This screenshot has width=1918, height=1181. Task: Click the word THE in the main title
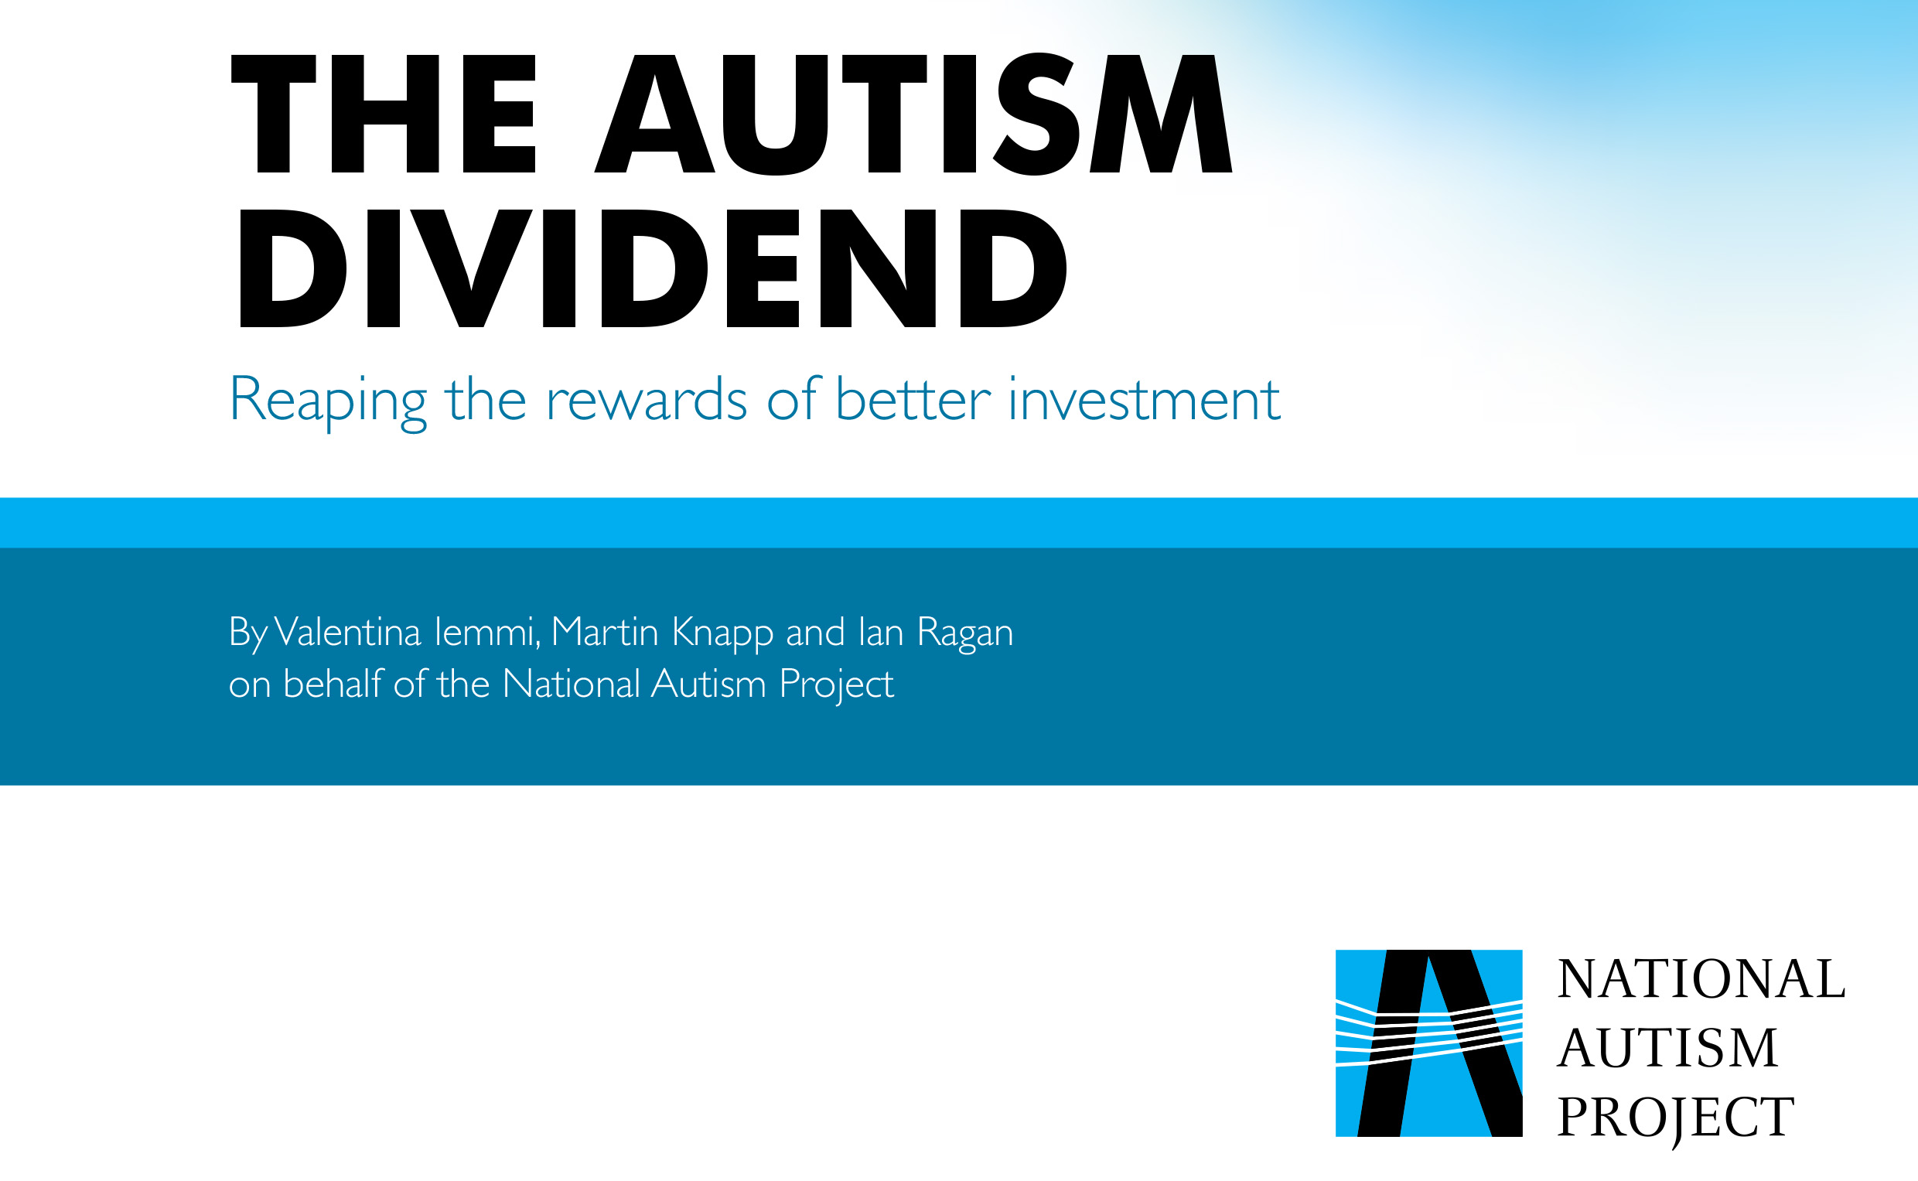(384, 114)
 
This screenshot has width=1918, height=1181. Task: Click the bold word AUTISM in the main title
(913, 114)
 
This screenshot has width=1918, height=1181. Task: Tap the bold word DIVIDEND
(653, 268)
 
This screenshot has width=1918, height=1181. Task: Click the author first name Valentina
(347, 631)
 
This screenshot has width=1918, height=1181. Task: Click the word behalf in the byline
(333, 683)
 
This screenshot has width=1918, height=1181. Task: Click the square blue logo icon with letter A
(1429, 1043)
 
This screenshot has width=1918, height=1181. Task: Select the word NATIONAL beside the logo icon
(1701, 978)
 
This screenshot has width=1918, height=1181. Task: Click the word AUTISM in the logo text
(1668, 1048)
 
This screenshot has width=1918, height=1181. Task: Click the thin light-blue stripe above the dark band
(959, 523)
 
